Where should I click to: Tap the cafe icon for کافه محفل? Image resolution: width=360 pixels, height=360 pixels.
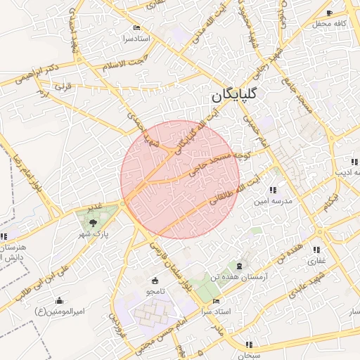click(x=330, y=13)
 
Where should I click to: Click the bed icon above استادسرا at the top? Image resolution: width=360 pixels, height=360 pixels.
click(x=136, y=27)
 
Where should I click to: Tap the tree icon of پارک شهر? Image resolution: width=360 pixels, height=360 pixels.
click(x=94, y=223)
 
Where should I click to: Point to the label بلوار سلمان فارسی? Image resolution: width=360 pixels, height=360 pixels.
click(x=169, y=263)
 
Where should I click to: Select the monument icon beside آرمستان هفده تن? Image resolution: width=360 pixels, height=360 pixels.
click(x=241, y=266)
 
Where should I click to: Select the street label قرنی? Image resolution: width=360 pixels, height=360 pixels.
click(x=64, y=89)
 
